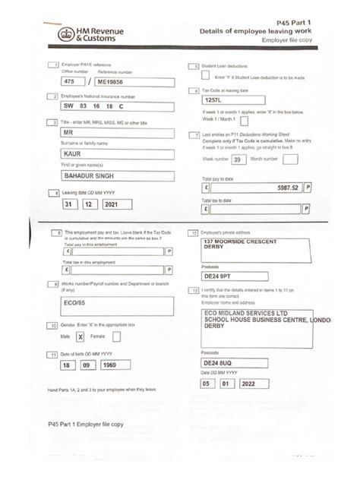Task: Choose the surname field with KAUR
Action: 115,154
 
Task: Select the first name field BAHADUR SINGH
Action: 115,175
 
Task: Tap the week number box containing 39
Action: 238,160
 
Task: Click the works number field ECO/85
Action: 114,303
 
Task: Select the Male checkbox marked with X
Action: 80,336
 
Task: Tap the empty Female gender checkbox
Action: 116,336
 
